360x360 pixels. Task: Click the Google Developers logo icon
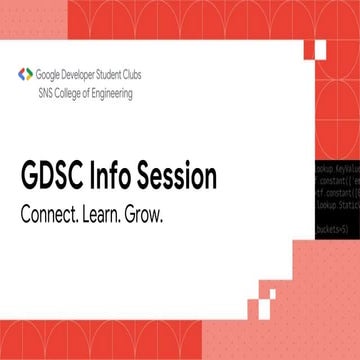click(x=24, y=74)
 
